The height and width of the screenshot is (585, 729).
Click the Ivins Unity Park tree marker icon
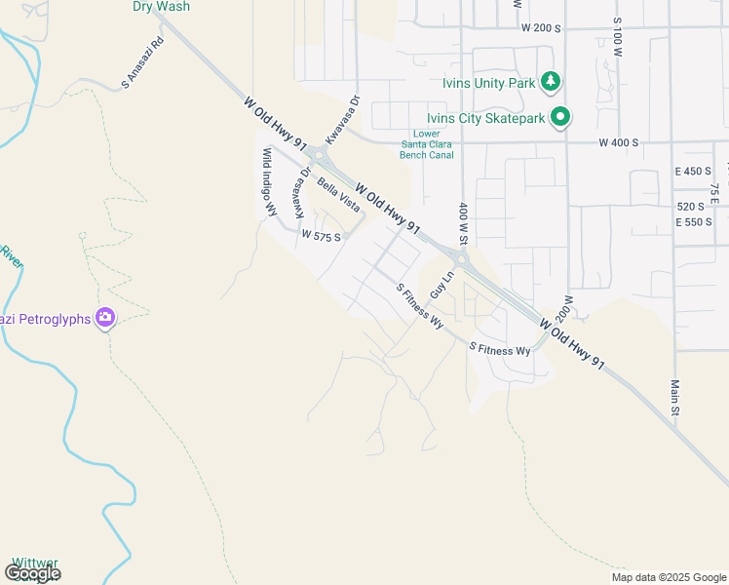click(x=552, y=82)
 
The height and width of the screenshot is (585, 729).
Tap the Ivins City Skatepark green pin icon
click(x=560, y=118)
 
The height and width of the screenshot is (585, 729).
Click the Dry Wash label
click(x=162, y=6)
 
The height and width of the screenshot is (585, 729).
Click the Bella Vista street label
click(x=338, y=194)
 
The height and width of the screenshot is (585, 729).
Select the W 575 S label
click(x=321, y=236)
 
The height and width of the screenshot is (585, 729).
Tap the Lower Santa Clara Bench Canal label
click(x=427, y=143)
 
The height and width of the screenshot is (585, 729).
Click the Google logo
click(x=32, y=573)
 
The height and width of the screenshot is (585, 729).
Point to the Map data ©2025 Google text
click(x=668, y=577)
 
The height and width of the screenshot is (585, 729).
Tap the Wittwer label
click(x=34, y=564)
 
